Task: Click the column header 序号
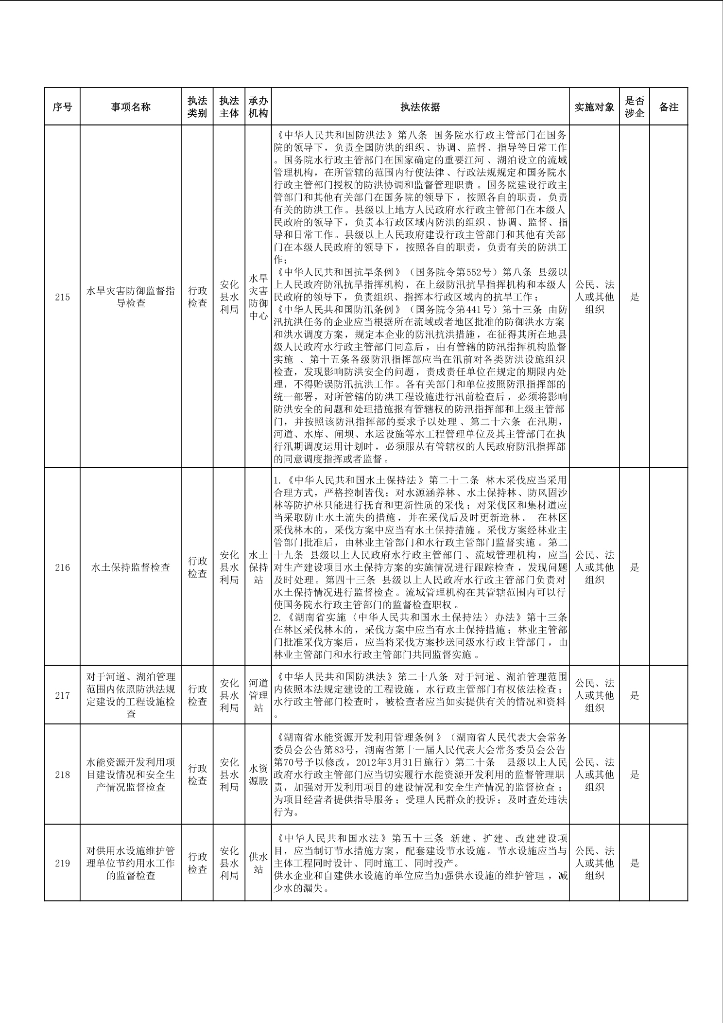click(x=62, y=107)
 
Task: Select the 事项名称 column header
click(x=131, y=107)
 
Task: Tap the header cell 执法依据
click(x=420, y=107)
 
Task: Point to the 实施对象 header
click(x=594, y=107)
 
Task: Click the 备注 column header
click(x=669, y=107)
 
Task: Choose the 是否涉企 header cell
click(x=635, y=107)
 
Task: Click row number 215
click(x=62, y=297)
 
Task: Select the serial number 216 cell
click(x=62, y=567)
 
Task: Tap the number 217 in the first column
click(x=62, y=695)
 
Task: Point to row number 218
click(x=62, y=775)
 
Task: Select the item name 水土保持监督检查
click(x=131, y=567)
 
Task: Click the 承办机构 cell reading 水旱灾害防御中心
click(x=258, y=297)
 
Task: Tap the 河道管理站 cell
click(x=258, y=695)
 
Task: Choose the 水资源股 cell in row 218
click(x=258, y=775)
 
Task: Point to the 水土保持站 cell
click(x=258, y=567)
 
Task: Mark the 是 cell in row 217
click(x=635, y=695)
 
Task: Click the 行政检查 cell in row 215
click(x=197, y=297)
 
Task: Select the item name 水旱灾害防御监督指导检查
click(x=131, y=297)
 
